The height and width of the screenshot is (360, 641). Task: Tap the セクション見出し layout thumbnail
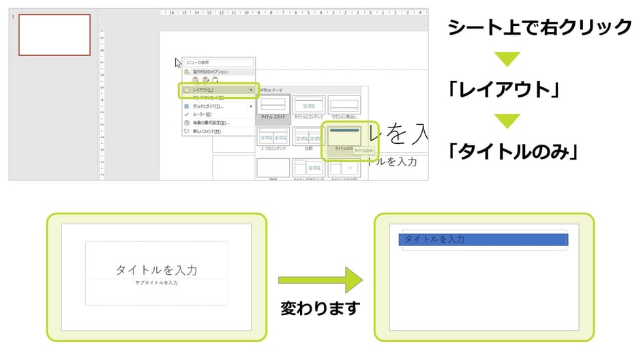344,106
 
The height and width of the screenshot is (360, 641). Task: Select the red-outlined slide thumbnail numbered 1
54,35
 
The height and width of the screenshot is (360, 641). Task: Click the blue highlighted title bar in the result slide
483,239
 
